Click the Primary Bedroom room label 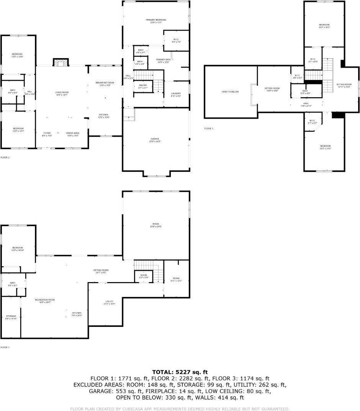156,20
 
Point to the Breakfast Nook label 105,83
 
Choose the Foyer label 46,133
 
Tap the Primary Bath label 163,60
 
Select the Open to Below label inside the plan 230,92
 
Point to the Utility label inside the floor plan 109,302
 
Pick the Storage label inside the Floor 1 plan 10,316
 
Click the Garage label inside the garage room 155,139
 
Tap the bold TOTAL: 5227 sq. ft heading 180,372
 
